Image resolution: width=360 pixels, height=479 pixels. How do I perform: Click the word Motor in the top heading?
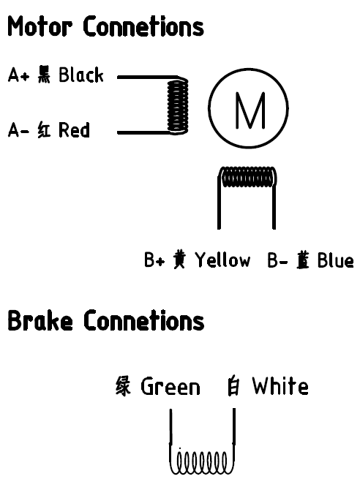(x=40, y=26)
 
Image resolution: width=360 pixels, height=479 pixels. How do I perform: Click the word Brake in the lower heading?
(x=40, y=320)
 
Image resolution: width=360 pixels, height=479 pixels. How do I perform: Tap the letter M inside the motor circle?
(x=250, y=110)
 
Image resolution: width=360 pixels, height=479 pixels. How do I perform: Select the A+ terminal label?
(x=18, y=75)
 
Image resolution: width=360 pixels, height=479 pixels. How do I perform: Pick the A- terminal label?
(x=18, y=130)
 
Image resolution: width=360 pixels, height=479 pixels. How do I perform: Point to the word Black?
(x=81, y=75)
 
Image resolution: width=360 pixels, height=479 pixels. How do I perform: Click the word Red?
(x=74, y=129)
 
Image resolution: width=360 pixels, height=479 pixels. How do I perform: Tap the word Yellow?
(x=222, y=260)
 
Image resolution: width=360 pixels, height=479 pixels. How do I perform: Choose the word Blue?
(x=336, y=260)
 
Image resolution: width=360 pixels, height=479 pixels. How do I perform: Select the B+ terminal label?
(x=154, y=260)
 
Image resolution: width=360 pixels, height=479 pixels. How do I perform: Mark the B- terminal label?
(x=277, y=260)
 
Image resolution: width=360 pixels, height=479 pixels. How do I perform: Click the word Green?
(x=170, y=386)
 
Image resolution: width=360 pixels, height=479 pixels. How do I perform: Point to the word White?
(x=280, y=386)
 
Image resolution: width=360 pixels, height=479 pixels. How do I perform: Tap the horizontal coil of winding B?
(x=248, y=176)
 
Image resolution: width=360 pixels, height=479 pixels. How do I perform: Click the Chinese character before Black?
(x=45, y=75)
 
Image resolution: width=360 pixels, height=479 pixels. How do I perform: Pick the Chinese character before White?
(x=234, y=386)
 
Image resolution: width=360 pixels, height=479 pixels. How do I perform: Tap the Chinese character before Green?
(x=123, y=386)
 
